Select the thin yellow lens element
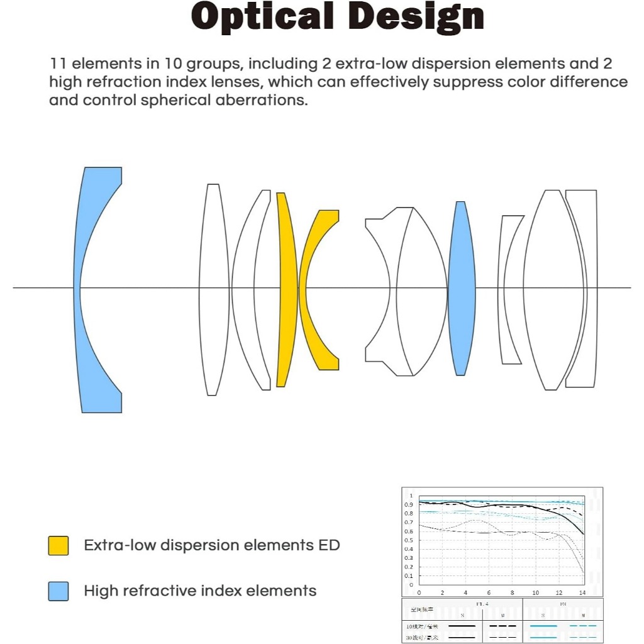286,289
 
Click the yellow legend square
58,545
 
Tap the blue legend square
58,591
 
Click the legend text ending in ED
211,545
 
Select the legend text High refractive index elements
200,591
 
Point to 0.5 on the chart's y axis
409,540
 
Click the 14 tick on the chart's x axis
582,593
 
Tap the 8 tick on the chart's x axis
513,593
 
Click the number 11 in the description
57,64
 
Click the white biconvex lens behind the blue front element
214,289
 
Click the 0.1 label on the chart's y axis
409,575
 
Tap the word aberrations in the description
261,100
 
